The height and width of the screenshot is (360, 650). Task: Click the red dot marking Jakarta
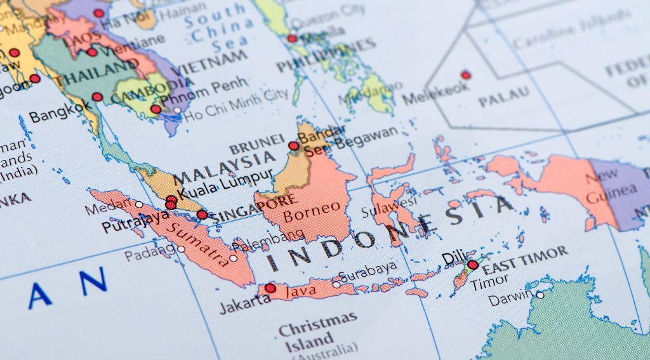click(x=270, y=288)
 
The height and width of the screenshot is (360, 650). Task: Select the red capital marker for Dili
click(x=472, y=265)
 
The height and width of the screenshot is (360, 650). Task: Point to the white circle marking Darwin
click(x=540, y=295)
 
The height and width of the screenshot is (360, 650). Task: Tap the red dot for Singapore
click(x=202, y=215)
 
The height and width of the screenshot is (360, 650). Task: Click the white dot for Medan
click(x=139, y=204)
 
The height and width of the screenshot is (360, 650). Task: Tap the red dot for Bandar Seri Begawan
click(x=293, y=146)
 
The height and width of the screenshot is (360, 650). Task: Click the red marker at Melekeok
click(x=465, y=75)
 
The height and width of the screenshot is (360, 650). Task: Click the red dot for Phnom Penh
click(x=156, y=109)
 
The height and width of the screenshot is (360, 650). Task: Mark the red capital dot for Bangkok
click(x=97, y=97)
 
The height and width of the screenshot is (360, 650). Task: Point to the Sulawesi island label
click(x=388, y=208)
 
